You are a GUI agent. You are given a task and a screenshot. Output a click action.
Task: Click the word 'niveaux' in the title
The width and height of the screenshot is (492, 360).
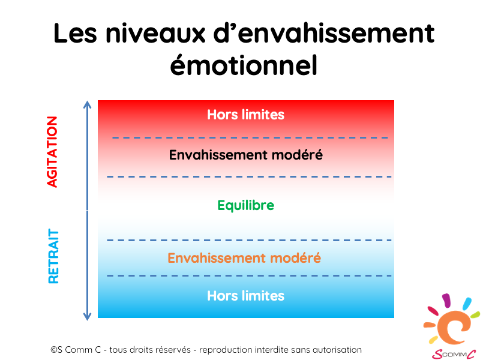pos(155,33)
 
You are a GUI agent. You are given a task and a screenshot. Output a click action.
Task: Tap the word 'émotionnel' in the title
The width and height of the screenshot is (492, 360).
pos(244,65)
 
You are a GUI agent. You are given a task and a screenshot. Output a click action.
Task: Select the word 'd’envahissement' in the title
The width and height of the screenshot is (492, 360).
pos(324,33)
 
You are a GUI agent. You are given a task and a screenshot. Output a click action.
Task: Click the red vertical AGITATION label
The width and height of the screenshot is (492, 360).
pos(52,152)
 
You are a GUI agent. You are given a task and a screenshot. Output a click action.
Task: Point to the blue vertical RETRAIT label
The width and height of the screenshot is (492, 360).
pos(53,256)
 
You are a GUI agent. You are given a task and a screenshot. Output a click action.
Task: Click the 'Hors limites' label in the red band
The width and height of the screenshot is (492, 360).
pos(245,115)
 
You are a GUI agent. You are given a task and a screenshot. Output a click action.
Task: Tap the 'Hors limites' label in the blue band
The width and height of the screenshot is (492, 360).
pos(245,296)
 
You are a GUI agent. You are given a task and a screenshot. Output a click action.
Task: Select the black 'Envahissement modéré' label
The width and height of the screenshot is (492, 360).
pos(245,155)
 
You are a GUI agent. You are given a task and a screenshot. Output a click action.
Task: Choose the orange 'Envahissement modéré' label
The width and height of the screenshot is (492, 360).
pos(244,258)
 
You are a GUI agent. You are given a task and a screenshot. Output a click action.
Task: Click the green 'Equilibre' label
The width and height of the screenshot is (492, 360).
pos(245,206)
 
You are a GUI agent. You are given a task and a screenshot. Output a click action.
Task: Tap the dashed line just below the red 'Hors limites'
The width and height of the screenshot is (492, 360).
pos(250,137)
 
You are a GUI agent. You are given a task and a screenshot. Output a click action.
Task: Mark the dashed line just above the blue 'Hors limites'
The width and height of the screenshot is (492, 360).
pos(249,275)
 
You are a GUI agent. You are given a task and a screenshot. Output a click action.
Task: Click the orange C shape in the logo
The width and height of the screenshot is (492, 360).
pos(451,328)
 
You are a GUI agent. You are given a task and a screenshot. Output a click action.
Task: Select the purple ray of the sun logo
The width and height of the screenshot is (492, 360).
pos(446,300)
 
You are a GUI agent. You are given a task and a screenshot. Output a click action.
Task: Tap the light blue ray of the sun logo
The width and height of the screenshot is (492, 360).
pos(467,304)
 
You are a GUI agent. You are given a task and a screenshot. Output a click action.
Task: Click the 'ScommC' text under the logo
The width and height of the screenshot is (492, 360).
pos(454,354)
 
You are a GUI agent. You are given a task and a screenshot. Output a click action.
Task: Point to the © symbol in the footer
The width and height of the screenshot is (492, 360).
pos(54,350)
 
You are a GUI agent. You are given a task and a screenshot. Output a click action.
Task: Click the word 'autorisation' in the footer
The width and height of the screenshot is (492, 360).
pos(337,350)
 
